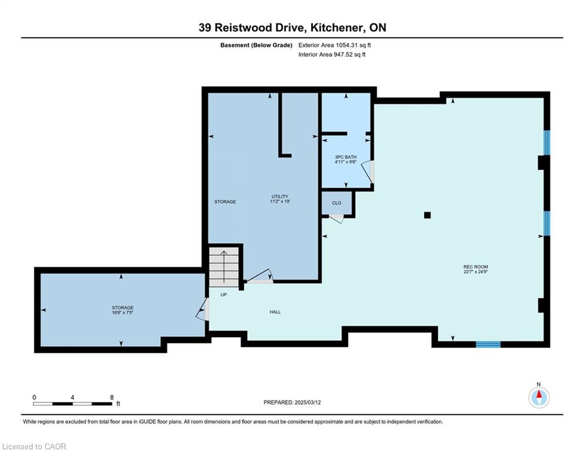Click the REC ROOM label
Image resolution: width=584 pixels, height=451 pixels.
coord(475,267)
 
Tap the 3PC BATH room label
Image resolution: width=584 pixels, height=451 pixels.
coord(346,157)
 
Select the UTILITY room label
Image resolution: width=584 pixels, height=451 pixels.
coord(280,196)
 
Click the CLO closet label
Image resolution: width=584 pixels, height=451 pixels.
coord(336,203)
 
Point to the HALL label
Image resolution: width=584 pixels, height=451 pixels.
coord(275,312)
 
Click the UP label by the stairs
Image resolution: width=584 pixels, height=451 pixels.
coord(224,294)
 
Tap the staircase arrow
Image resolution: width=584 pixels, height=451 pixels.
coord(224,267)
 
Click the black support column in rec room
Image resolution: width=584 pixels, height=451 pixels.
coord(427,215)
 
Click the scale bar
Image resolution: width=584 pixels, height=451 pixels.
coord(72,403)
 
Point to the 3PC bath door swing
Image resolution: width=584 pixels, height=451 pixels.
coord(367,171)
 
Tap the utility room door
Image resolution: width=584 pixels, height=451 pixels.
coord(260,276)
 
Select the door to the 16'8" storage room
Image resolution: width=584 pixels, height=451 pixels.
coord(202,309)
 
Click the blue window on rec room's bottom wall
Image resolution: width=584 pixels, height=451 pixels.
coord(488,344)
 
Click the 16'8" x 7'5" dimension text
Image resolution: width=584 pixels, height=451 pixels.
coord(123,312)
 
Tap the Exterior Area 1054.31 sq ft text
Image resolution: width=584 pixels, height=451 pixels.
coord(335,45)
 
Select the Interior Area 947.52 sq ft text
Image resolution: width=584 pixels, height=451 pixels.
coord(332,55)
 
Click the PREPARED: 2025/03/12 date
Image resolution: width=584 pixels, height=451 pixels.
coord(292,402)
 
